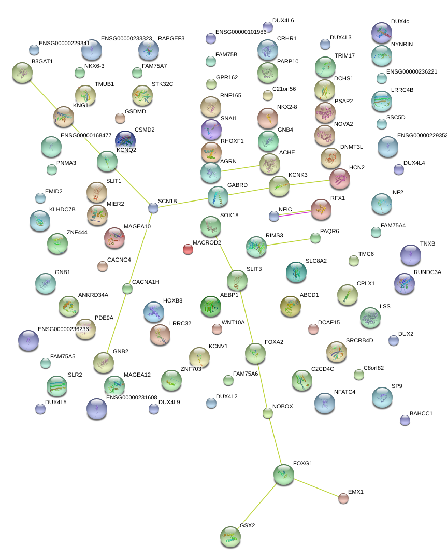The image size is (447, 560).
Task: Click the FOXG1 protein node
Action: pos(283,474)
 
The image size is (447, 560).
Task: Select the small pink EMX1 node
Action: pos(343,498)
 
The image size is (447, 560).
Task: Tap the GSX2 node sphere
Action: pos(230,537)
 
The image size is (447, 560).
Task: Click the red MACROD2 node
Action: pos(188,250)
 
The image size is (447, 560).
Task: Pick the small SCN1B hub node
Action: pos(153,208)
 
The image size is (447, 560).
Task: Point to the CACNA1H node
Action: pos(127,289)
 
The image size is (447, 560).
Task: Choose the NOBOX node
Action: pos(267,413)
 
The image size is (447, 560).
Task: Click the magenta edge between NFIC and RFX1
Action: pos(295,212)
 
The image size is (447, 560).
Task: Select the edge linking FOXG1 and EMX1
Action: pos(313,486)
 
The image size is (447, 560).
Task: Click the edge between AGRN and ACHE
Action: pos(241,168)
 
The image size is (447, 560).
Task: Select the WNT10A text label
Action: pos(233,323)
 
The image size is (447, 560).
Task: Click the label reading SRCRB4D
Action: pos(359,340)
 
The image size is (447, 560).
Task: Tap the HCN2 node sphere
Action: pos(339,179)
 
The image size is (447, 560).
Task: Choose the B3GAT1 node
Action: pos(22,73)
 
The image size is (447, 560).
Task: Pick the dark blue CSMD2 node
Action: pos(126,139)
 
